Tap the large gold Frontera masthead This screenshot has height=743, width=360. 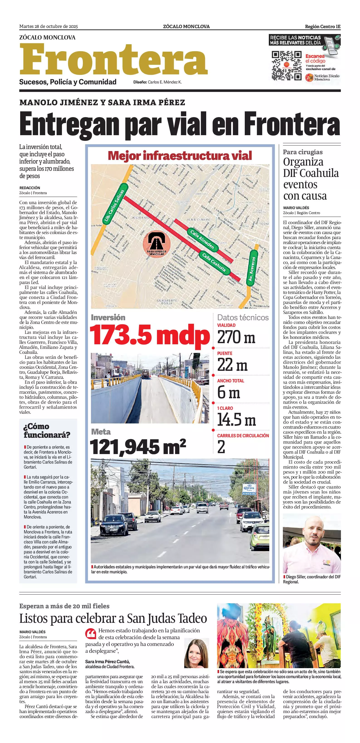point(113,59)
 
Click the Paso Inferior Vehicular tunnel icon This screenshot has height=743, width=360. point(157,244)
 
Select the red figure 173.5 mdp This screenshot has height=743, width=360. point(150,335)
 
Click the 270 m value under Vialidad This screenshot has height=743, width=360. point(236,337)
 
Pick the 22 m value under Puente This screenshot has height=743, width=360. point(232,365)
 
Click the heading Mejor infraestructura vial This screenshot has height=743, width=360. point(180,156)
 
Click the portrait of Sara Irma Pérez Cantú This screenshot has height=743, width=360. point(196,653)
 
